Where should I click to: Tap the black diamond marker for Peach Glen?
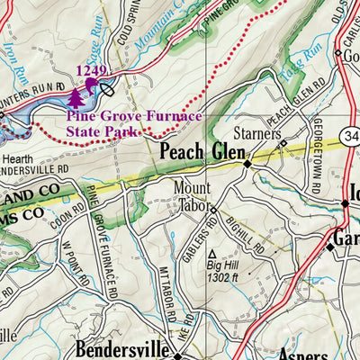247,165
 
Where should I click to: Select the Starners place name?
255,133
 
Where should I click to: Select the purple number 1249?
92,70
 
